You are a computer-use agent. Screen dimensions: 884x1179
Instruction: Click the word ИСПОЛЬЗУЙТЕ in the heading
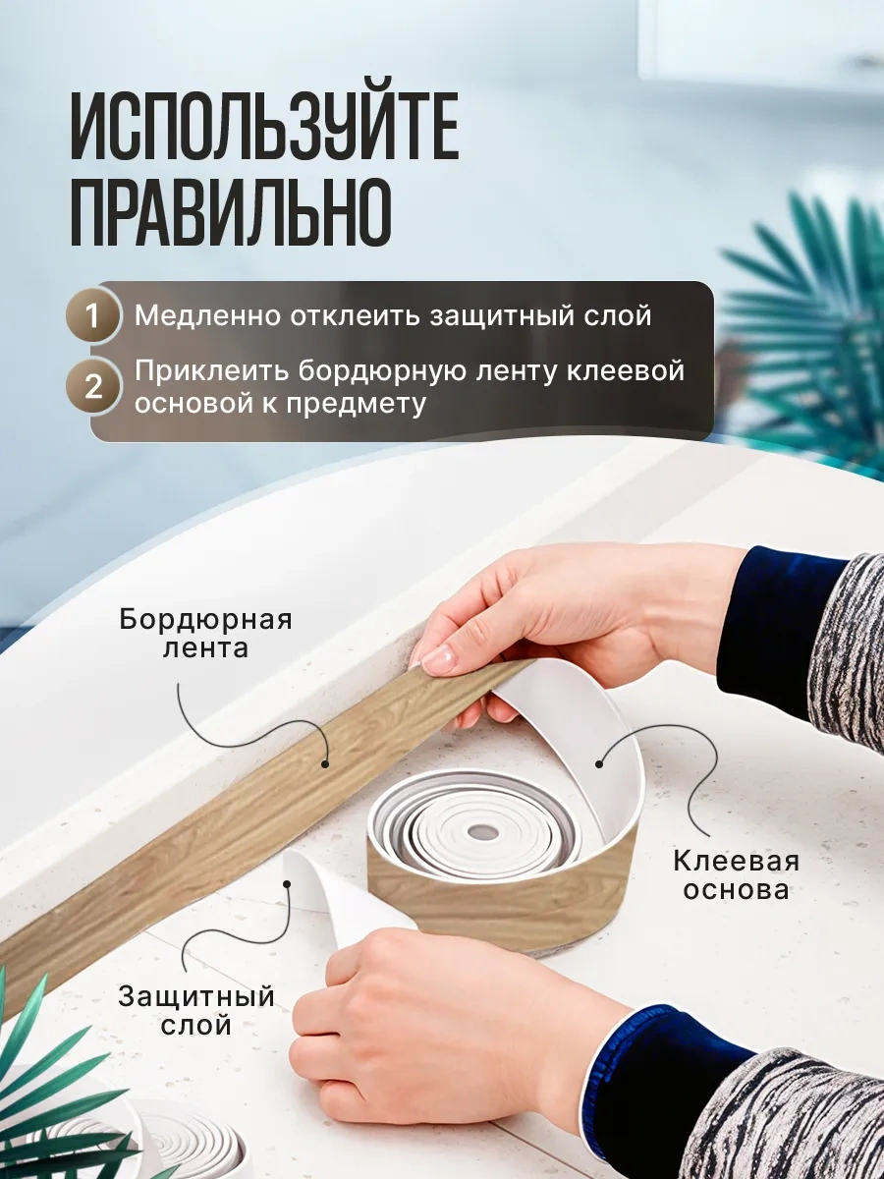pos(264,127)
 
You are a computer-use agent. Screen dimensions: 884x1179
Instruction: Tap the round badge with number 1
pos(93,314)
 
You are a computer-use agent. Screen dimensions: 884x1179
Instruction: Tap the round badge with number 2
pos(93,386)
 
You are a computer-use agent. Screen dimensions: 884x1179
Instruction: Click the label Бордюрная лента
pos(205,634)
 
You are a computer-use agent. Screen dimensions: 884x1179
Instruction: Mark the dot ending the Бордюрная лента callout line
pos(325,763)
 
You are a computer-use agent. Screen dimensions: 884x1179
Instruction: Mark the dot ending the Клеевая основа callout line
pos(599,764)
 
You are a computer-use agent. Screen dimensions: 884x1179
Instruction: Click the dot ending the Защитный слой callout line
pos(287,884)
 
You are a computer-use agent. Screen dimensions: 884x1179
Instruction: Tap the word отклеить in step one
pos(356,315)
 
